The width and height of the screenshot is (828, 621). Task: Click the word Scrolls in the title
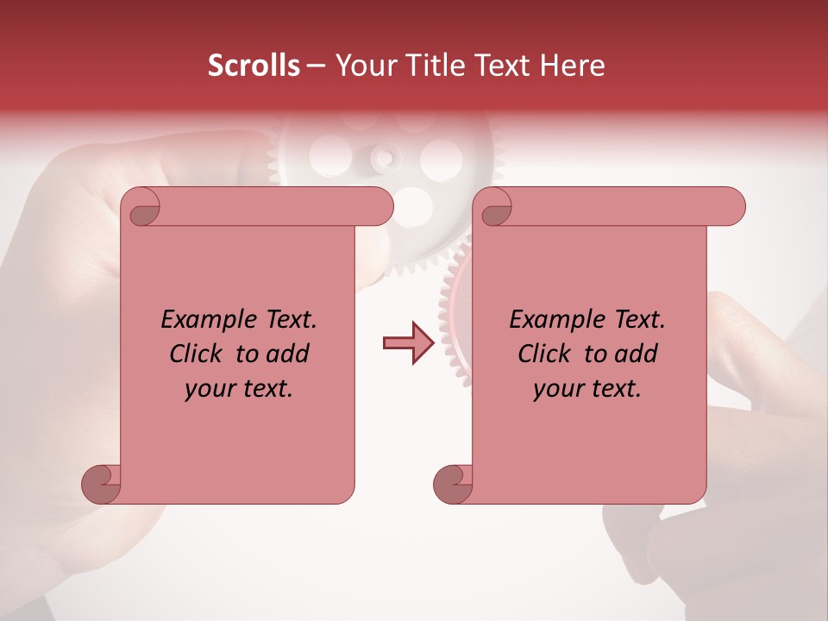tap(254, 66)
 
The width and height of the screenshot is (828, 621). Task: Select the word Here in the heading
tap(574, 66)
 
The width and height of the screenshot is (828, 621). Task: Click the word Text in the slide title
tap(507, 66)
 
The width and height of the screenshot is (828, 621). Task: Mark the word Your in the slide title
tap(362, 66)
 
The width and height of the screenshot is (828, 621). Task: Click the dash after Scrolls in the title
tap(317, 66)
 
